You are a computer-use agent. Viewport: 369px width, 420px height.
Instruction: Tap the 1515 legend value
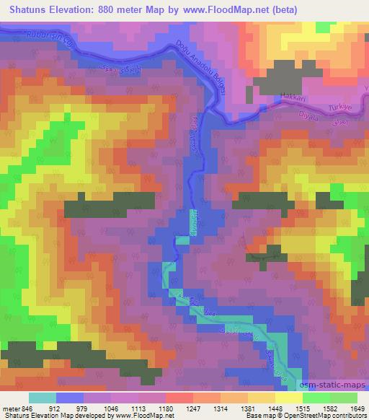tap(293, 408)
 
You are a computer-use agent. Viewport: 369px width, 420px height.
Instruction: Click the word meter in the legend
tap(11, 408)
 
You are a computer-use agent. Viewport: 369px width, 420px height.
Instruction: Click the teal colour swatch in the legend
tap(43, 398)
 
